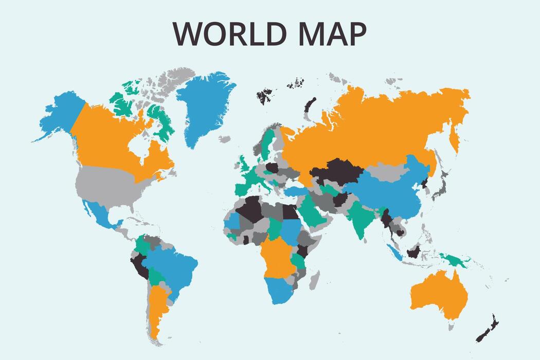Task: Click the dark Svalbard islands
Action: coord(265,96)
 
